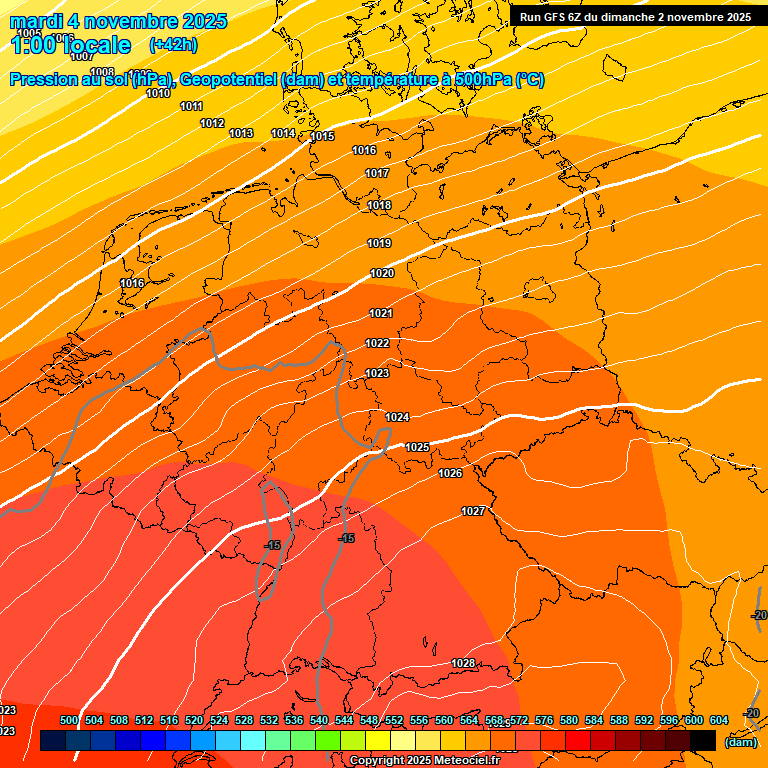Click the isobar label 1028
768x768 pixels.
pyautogui.click(x=463, y=664)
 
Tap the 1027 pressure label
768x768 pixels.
pyautogui.click(x=473, y=512)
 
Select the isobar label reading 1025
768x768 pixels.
pyautogui.click(x=417, y=447)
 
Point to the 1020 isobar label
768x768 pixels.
pyautogui.click(x=382, y=274)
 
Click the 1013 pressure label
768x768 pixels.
pyautogui.click(x=241, y=134)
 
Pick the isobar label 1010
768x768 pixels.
pyautogui.click(x=158, y=94)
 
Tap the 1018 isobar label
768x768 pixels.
pyautogui.click(x=379, y=206)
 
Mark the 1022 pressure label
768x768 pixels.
pyautogui.click(x=377, y=344)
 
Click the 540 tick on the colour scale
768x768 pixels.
pyautogui.click(x=319, y=721)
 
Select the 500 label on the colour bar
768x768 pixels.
pyautogui.click(x=69, y=721)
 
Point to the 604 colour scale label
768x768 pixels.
pyautogui.click(x=719, y=721)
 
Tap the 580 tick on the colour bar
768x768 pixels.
pyautogui.click(x=569, y=721)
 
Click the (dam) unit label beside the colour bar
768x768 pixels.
pyautogui.click(x=741, y=742)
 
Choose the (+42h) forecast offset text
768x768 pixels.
pyautogui.click(x=173, y=45)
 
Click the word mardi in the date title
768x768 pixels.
pyautogui.click(x=37, y=21)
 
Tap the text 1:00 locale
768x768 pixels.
pyautogui.click(x=72, y=45)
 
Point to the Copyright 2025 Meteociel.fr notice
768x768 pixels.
pyautogui.click(x=424, y=761)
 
